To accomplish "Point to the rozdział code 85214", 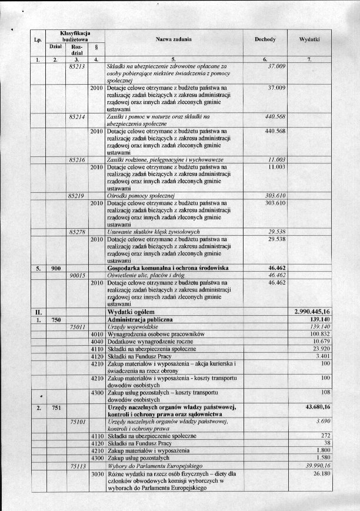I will click(77, 117).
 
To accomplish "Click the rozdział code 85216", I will click(77, 160).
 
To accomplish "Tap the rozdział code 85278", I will click(77, 232).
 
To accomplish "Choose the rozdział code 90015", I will click(77, 275).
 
